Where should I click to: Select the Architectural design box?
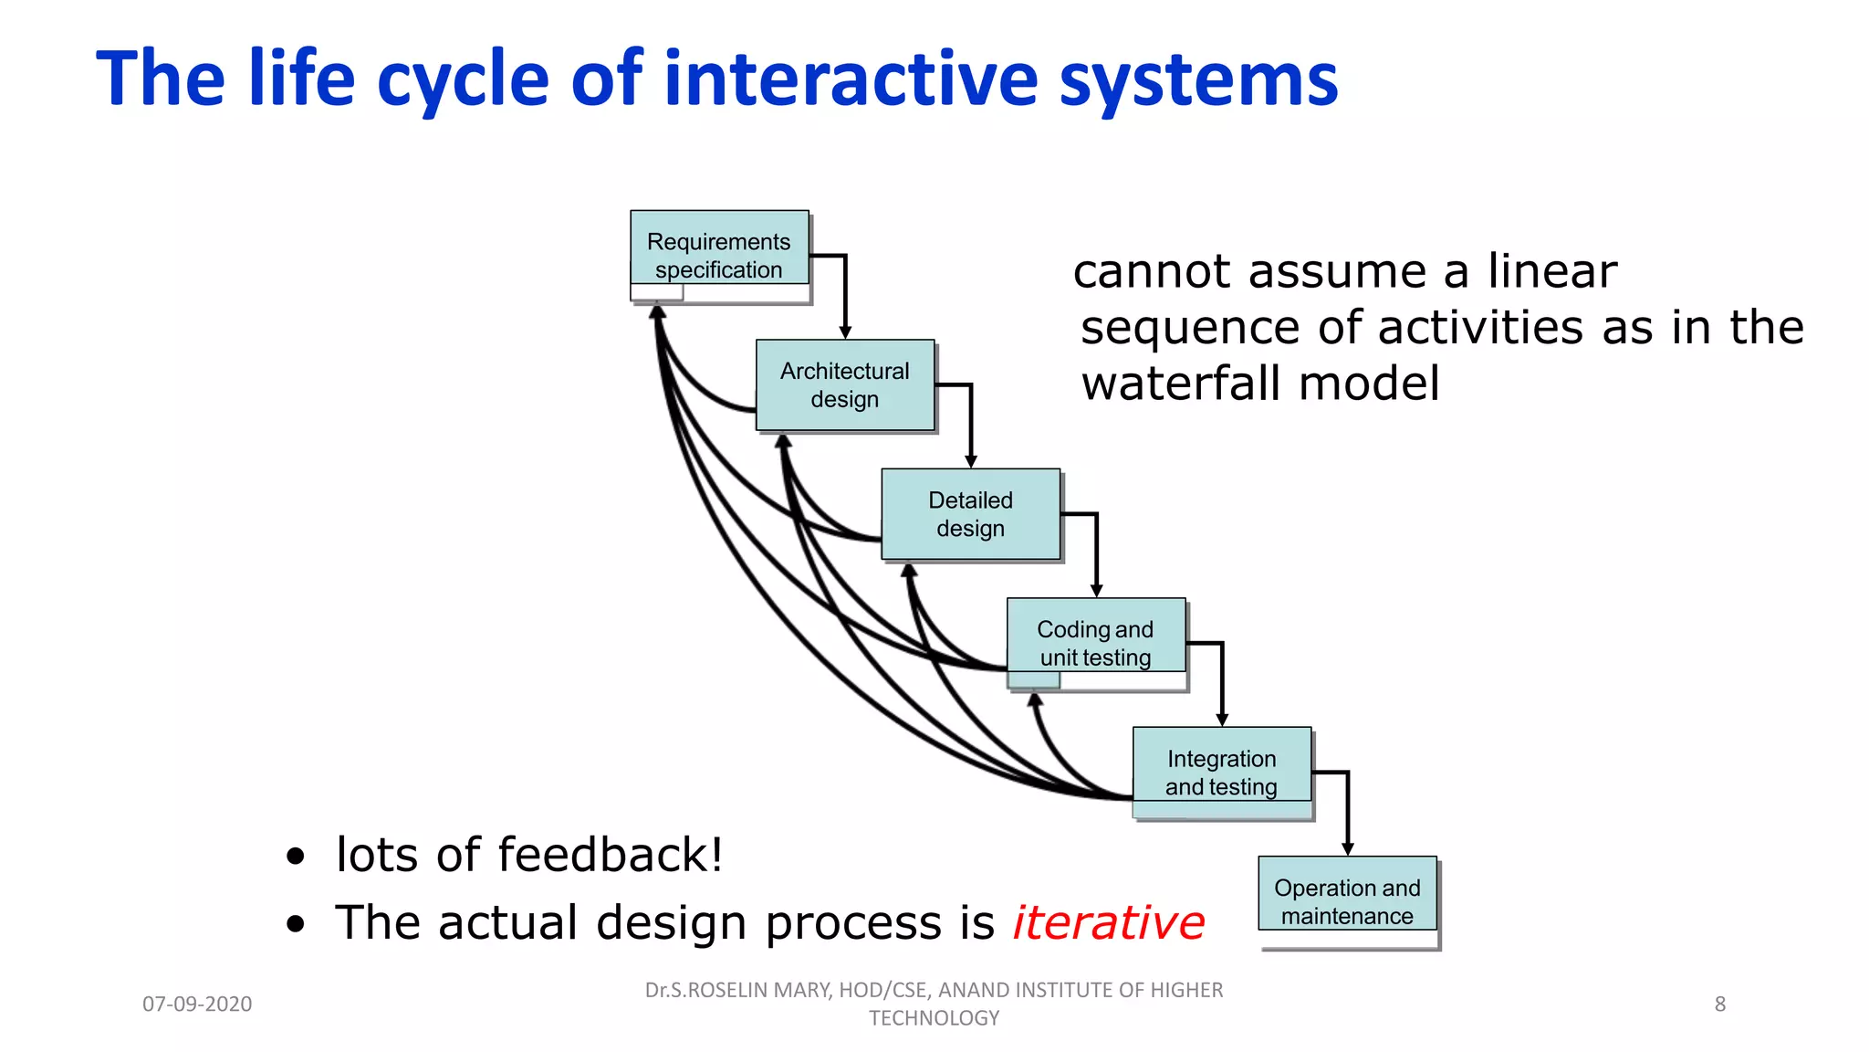845,384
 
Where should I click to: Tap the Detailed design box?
970,514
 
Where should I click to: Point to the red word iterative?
1109,922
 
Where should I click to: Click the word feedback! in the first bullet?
611,855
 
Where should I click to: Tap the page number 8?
1719,1005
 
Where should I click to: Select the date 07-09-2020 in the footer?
197,1005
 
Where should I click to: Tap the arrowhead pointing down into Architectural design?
845,332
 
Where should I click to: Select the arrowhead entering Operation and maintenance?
1347,849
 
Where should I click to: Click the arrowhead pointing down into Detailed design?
971,461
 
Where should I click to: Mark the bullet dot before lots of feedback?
295,857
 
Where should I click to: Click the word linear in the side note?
1551,271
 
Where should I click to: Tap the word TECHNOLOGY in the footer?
934,1018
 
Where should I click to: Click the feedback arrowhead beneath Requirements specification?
657,312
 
